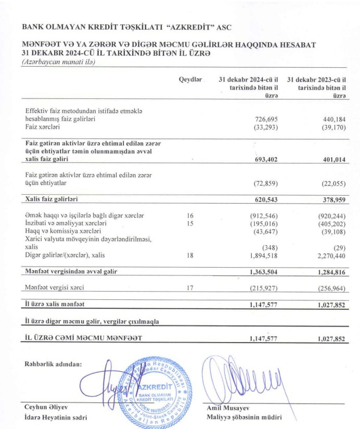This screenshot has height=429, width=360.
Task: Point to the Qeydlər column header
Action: coord(190,79)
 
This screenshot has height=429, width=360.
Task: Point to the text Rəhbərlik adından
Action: coord(53,364)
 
